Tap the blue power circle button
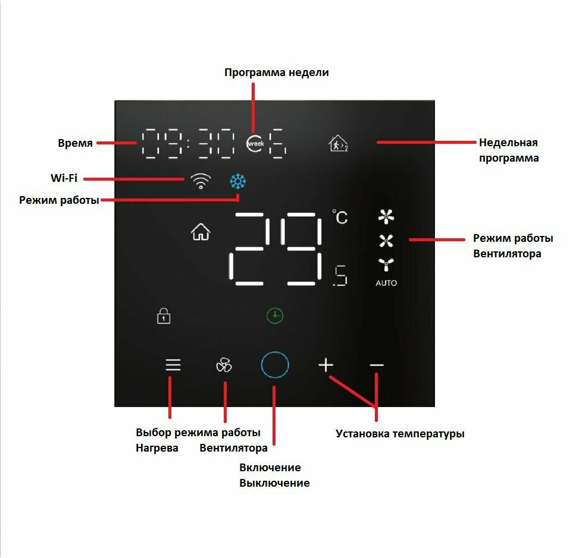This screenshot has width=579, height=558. tap(275, 365)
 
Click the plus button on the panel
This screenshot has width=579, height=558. tap(326, 365)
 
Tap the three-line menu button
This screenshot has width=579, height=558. tap(173, 365)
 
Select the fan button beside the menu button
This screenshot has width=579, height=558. tap(224, 365)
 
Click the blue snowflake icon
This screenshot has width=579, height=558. tap(238, 182)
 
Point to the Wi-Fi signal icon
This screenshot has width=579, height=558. tap(201, 181)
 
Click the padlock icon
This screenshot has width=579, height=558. tap(164, 316)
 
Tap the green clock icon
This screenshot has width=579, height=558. tap(274, 316)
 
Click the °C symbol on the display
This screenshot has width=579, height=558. tap(340, 217)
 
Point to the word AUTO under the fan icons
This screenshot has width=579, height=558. tap(386, 283)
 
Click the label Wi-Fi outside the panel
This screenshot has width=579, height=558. tap(64, 178)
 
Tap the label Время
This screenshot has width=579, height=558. tap(75, 143)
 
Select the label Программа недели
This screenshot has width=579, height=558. tap(276, 72)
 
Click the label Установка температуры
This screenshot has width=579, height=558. tap(399, 433)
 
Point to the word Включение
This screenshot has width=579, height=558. tap(270, 467)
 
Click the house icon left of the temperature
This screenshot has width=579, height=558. tap(201, 232)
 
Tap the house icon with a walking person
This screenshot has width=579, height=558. tap(338, 144)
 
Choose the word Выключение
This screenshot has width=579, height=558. tap(274, 483)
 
